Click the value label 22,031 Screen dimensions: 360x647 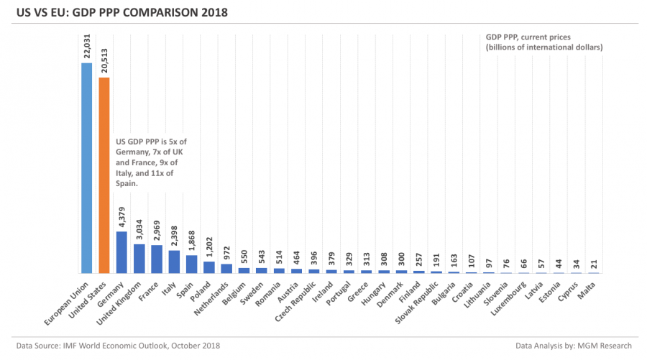(x=87, y=45)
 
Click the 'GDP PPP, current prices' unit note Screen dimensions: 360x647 (x=543, y=40)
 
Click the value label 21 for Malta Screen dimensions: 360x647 (x=593, y=265)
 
